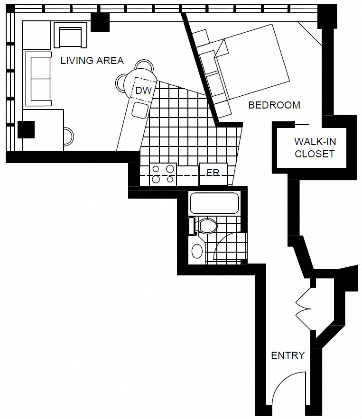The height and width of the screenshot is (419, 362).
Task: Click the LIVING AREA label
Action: pyautogui.click(x=92, y=61)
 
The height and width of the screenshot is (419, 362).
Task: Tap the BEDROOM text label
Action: pyautogui.click(x=274, y=105)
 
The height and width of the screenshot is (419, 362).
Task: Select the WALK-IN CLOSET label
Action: pyautogui.click(x=314, y=147)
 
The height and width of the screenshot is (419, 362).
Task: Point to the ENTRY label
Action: pyautogui.click(x=288, y=355)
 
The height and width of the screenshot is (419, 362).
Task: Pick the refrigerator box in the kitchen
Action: pyautogui.click(x=213, y=173)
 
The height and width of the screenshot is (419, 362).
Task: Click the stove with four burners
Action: pyautogui.click(x=163, y=174)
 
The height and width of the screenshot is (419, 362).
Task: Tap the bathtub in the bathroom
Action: pyautogui.click(x=214, y=203)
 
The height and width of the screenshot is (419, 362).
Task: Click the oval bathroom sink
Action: pyautogui.click(x=196, y=250)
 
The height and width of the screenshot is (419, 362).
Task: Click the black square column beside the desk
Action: pyautogui.click(x=26, y=129)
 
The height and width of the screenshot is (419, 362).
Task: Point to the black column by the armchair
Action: pyautogui.click(x=100, y=21)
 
